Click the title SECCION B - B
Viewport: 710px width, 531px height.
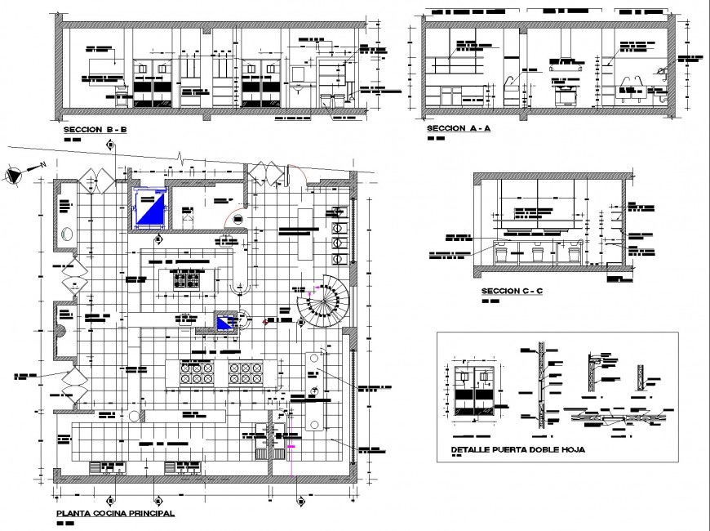coord(95,130)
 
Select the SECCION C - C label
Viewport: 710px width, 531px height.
coord(512,291)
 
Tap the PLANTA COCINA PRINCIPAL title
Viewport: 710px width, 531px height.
coord(114,514)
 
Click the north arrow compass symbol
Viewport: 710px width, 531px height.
coord(15,175)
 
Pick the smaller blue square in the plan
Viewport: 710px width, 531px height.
coord(224,321)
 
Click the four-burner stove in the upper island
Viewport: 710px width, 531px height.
coord(189,279)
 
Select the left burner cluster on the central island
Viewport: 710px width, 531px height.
coord(196,373)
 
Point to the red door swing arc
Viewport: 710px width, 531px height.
coord(234,219)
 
